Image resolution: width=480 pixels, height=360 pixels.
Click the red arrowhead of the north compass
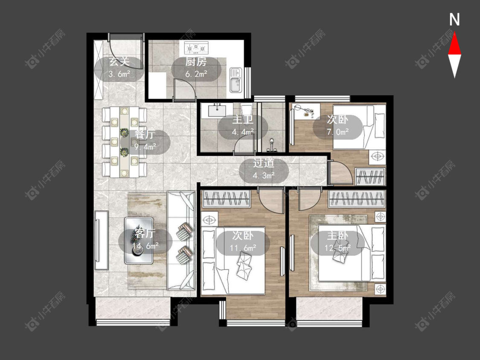click(x=454, y=44)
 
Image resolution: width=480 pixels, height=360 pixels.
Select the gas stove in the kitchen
click(x=196, y=48)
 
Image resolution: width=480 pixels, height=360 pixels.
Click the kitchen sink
click(x=236, y=80)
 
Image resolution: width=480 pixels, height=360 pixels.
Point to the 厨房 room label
click(x=196, y=62)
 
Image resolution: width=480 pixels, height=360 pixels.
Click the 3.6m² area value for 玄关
click(x=119, y=74)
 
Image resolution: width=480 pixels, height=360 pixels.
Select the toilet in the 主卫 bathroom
click(x=247, y=112)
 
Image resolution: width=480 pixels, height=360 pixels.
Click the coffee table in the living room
click(x=139, y=241)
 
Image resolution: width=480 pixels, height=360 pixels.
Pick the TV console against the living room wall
click(x=102, y=240)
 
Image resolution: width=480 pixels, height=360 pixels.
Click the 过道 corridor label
click(x=264, y=163)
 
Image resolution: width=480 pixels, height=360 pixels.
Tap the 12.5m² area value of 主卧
click(x=337, y=247)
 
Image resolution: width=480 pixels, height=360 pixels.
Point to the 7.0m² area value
click(x=337, y=132)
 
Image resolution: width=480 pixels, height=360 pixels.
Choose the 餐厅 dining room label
click(x=145, y=134)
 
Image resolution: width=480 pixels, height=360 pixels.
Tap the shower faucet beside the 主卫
click(x=271, y=146)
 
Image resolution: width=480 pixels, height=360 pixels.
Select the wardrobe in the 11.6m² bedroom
click(x=226, y=198)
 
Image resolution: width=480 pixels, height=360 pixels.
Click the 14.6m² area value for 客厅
click(x=145, y=245)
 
